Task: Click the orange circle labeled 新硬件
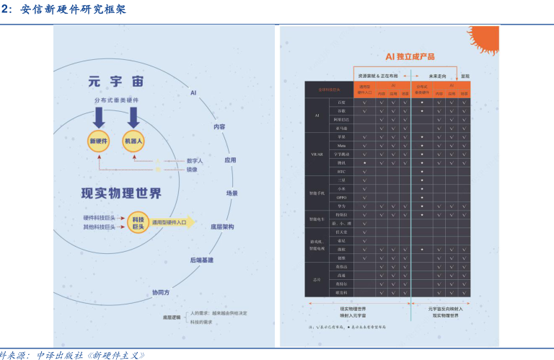click(97, 141)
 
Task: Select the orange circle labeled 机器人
click(133, 141)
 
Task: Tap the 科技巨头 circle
click(138, 221)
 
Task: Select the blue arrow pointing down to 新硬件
click(98, 115)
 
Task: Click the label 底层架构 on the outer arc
click(222, 227)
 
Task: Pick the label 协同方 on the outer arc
click(161, 292)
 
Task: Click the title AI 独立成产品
click(410, 56)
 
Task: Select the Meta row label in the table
click(342, 145)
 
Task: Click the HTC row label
click(342, 172)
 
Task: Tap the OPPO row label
click(342, 197)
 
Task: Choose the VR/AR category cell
click(317, 154)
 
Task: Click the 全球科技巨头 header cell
click(329, 89)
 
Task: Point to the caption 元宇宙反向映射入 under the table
click(447, 309)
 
